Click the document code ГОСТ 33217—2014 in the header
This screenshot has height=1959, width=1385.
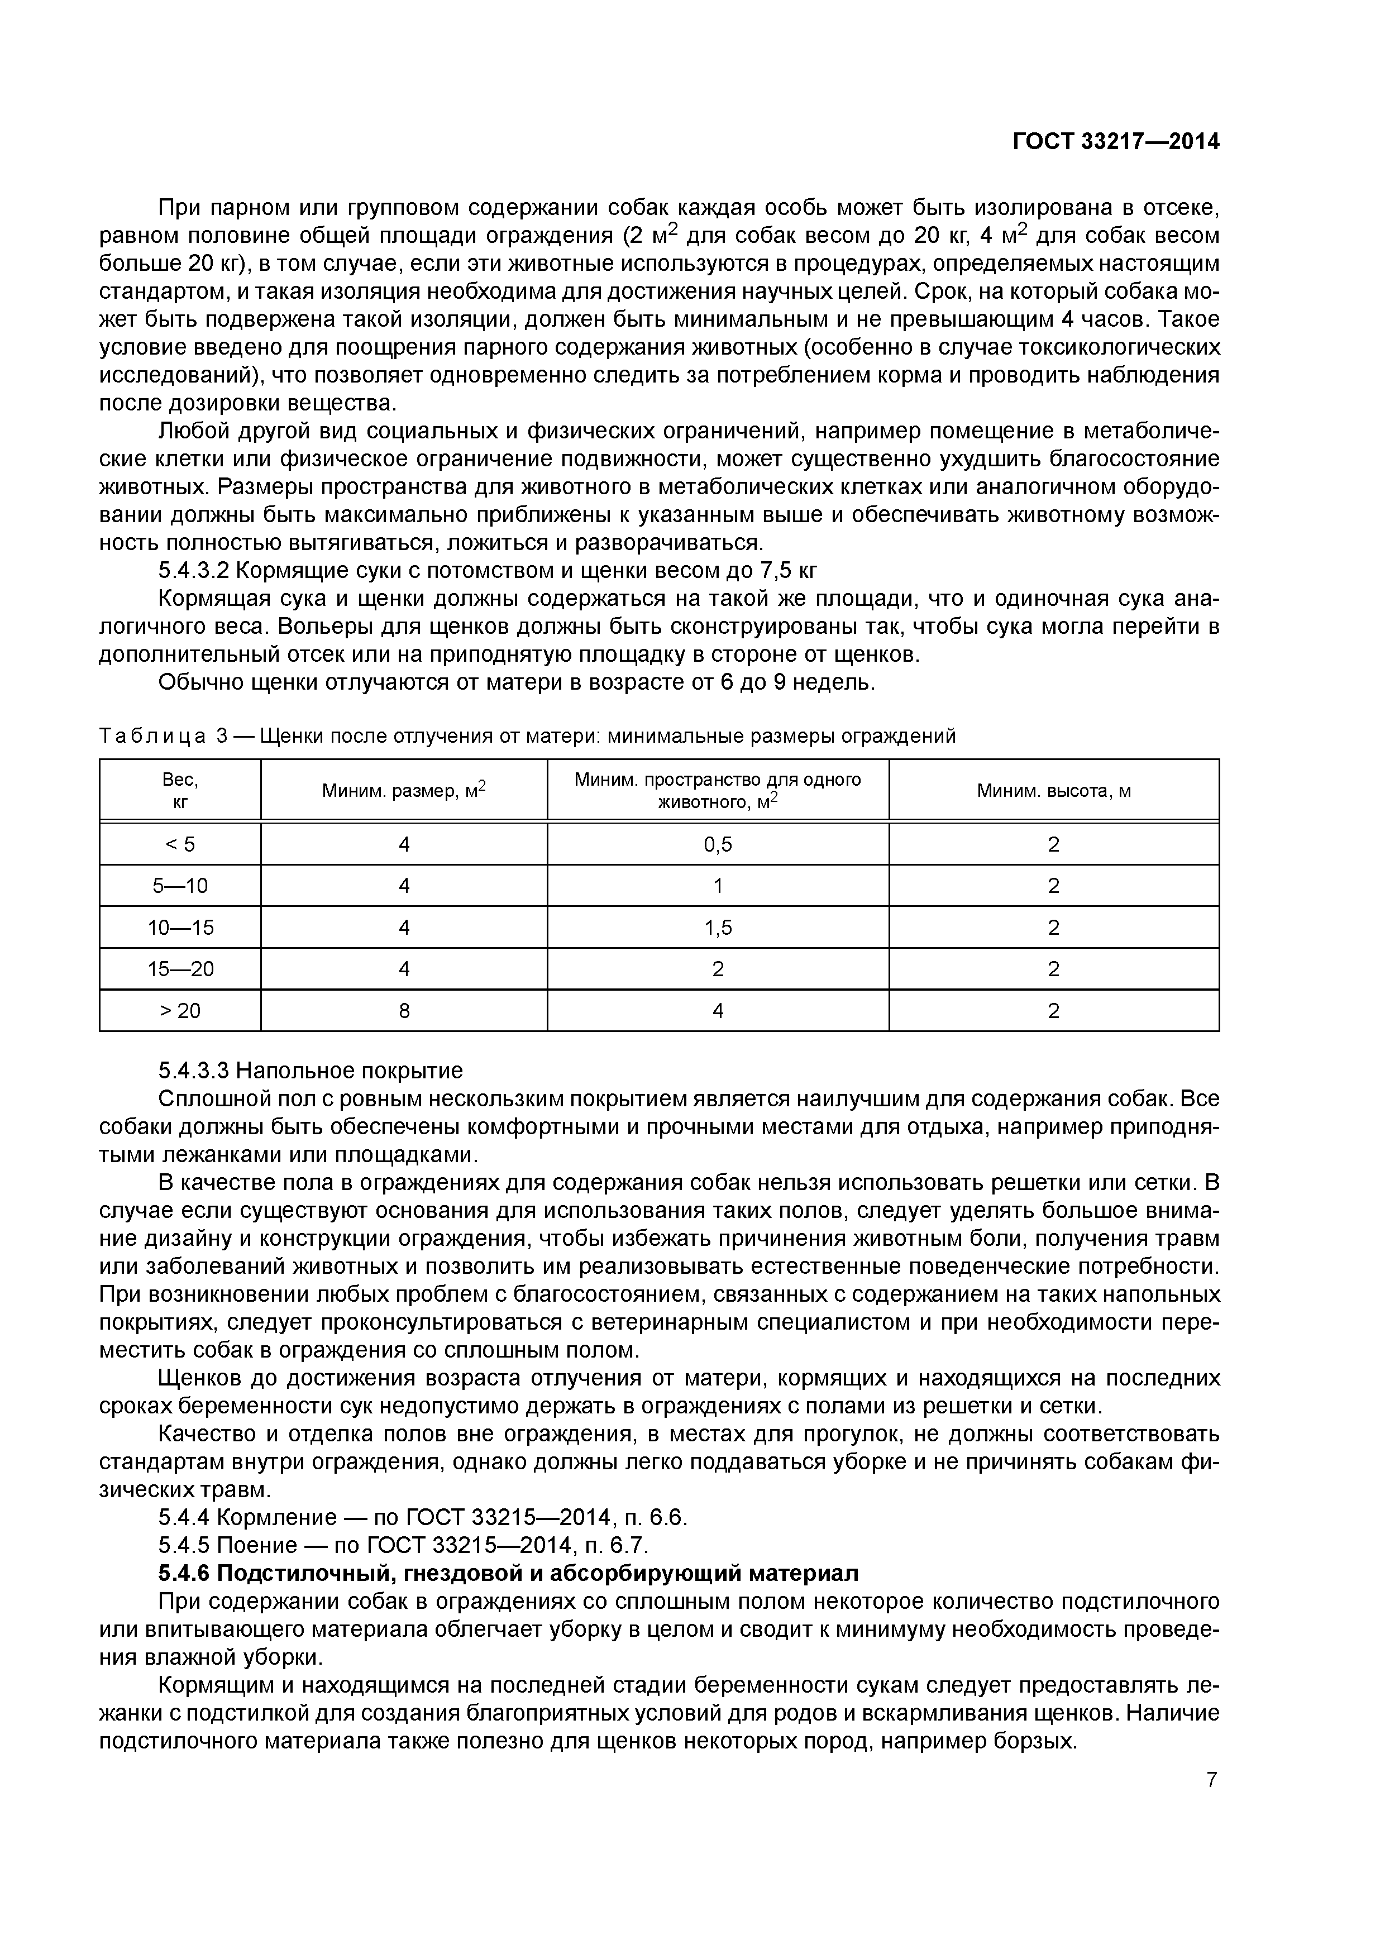1115,142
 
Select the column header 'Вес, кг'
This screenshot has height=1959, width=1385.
180,790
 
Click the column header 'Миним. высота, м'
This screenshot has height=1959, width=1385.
1053,791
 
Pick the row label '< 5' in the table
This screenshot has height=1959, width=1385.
180,844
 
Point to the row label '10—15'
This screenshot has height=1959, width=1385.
180,928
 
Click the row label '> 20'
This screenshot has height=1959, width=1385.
180,1010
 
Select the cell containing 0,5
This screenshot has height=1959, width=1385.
718,844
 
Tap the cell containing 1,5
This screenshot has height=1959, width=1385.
718,928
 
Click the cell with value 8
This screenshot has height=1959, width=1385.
404,1010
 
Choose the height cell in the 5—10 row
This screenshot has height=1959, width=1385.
1053,886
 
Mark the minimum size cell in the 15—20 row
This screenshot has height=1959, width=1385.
404,968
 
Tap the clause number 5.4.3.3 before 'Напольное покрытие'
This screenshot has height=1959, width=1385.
194,1070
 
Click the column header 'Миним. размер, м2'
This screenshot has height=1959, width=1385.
404,791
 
